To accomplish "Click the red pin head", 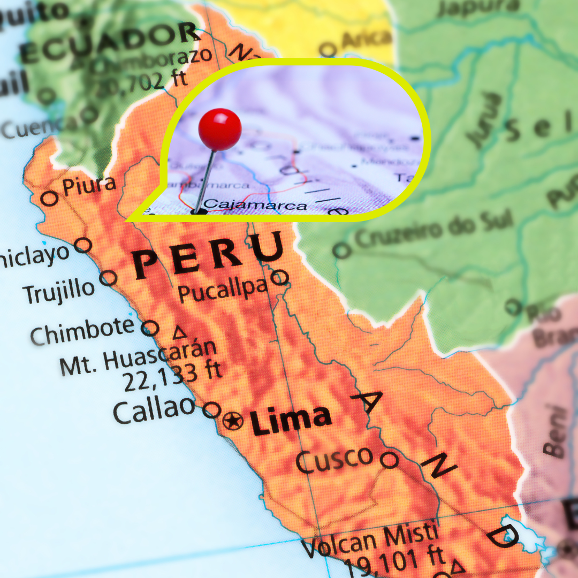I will click(220, 129).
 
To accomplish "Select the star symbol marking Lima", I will click(233, 421).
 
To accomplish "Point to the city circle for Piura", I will click(50, 199).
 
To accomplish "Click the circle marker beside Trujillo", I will click(109, 278).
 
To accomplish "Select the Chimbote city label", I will click(82, 331).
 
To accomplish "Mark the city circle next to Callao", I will click(212, 410).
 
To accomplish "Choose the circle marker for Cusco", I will click(390, 459).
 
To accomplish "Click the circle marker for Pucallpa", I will click(279, 277).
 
